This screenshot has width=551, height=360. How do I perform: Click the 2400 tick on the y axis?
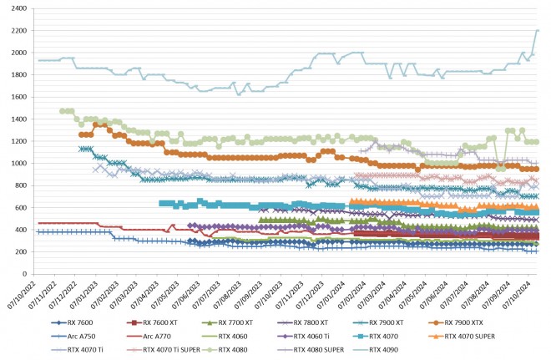[x=17, y=8]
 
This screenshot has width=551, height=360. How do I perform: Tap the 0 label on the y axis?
[x=24, y=274]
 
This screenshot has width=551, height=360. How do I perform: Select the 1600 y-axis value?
[x=17, y=97]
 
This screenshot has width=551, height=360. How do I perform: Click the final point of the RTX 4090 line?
[x=538, y=31]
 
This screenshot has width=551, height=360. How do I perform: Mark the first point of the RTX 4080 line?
[x=63, y=111]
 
